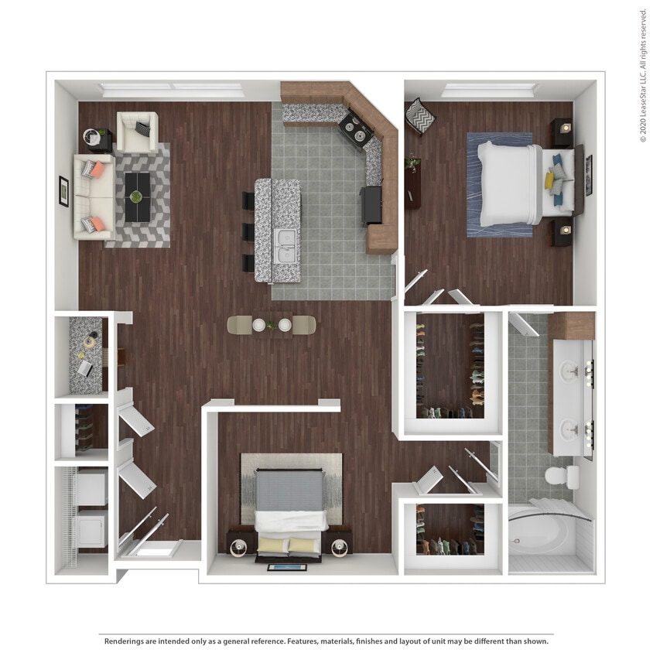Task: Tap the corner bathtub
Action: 545,534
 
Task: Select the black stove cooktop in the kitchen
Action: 356,129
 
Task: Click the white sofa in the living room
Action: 92,196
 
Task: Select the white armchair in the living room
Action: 137,132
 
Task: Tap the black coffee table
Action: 137,196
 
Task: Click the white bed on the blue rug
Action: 507,183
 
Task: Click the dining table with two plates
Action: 272,325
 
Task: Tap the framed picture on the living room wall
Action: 63,191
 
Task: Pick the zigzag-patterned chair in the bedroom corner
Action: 419,115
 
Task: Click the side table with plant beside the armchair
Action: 97,139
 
